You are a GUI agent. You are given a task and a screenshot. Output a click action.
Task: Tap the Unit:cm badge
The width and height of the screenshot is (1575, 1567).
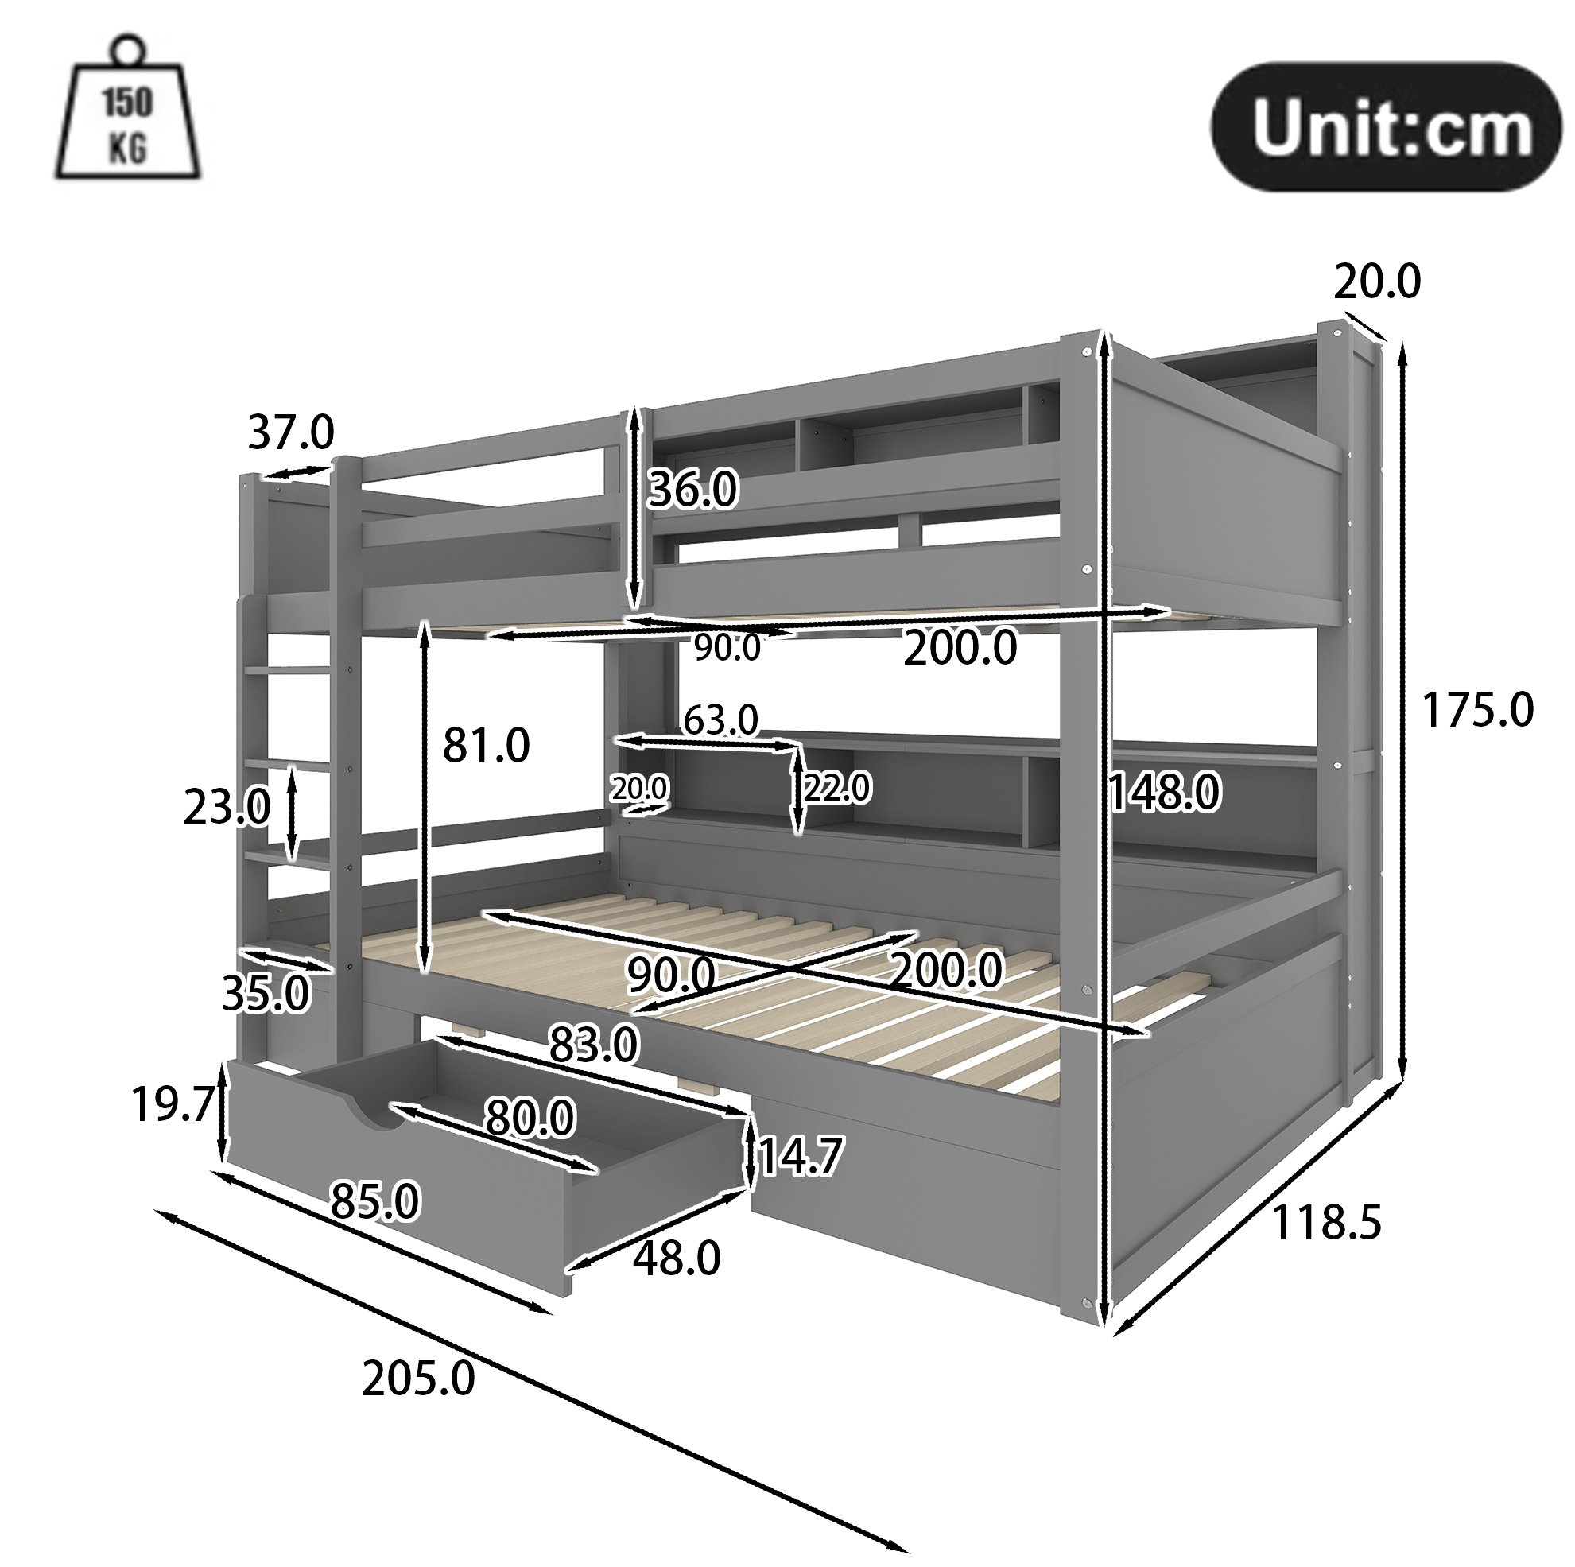click(x=1387, y=128)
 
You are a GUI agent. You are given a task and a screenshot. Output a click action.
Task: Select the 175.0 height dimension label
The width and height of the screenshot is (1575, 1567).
click(x=1477, y=709)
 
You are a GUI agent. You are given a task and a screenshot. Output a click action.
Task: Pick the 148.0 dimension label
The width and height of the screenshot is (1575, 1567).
click(x=1164, y=793)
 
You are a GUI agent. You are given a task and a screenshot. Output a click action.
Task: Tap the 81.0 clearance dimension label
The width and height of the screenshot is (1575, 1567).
click(x=486, y=745)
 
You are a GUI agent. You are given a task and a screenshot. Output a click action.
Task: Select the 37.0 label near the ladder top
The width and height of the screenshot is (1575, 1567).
click(x=291, y=432)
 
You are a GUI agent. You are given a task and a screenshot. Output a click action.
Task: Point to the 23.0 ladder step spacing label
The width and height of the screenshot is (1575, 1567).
click(x=227, y=808)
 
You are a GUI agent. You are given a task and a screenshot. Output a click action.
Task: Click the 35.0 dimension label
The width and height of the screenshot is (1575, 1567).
click(x=266, y=993)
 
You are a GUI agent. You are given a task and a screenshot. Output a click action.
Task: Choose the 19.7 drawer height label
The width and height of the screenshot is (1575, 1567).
click(x=172, y=1105)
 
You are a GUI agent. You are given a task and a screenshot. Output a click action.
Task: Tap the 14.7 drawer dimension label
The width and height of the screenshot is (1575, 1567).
click(x=800, y=1157)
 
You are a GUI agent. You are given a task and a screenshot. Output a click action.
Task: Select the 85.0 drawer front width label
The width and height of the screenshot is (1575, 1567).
click(x=375, y=1201)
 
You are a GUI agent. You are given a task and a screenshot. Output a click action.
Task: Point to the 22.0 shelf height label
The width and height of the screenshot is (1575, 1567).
click(x=837, y=788)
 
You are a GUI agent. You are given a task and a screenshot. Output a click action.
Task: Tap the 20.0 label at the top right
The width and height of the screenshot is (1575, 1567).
click(x=1377, y=281)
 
